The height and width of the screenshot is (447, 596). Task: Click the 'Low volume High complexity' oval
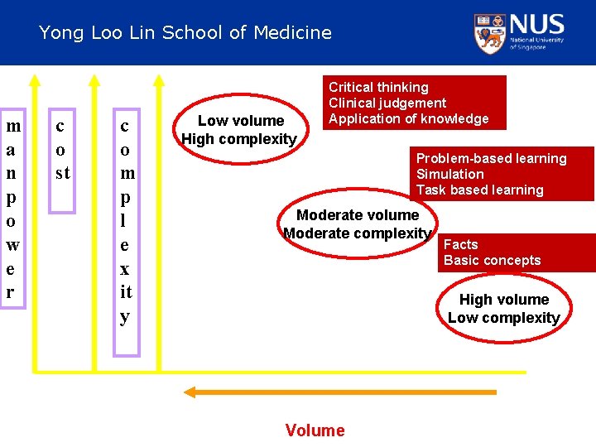pos(239,129)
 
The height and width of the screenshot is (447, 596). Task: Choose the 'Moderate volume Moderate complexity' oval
pos(358,224)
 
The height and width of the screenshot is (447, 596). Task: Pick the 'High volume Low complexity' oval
pos(504,309)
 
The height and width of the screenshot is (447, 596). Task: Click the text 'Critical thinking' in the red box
pos(378,87)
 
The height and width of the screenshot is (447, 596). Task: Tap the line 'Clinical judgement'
pos(387,103)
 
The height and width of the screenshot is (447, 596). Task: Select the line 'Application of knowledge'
pos(409,118)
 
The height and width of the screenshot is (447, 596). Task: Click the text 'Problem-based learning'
pos(491,158)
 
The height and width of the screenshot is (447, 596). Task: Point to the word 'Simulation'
pos(449,174)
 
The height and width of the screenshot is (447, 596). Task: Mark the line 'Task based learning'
pos(479,190)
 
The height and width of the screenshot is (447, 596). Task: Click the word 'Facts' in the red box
pos(460,244)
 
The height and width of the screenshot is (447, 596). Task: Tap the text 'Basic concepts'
pos(492,260)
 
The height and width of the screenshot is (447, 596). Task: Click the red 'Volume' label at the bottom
pos(315,430)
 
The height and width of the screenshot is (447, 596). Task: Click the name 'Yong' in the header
pos(57,33)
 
